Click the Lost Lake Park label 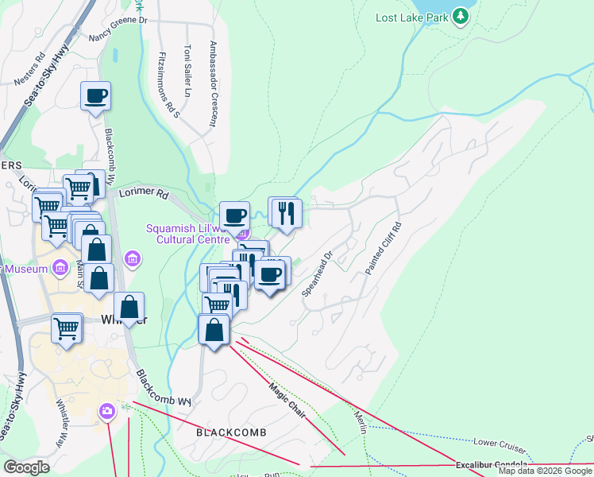click(x=411, y=16)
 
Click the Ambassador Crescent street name click(x=213, y=83)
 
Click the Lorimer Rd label click(x=145, y=193)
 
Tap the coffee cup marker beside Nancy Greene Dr click(x=95, y=96)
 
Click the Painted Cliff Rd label click(x=384, y=248)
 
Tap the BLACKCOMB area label click(x=231, y=432)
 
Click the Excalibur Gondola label click(x=492, y=464)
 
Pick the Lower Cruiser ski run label click(x=500, y=442)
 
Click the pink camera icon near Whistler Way click(x=106, y=411)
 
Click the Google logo click(x=27, y=467)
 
